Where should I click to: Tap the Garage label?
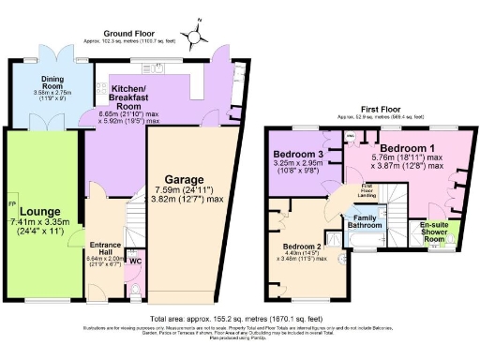[x=187, y=178]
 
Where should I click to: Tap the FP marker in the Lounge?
[x=12, y=204]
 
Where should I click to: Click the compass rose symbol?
[x=195, y=37]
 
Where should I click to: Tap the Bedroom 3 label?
[x=297, y=154]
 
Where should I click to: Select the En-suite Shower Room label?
[x=433, y=231]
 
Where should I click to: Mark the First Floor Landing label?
[x=367, y=190]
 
